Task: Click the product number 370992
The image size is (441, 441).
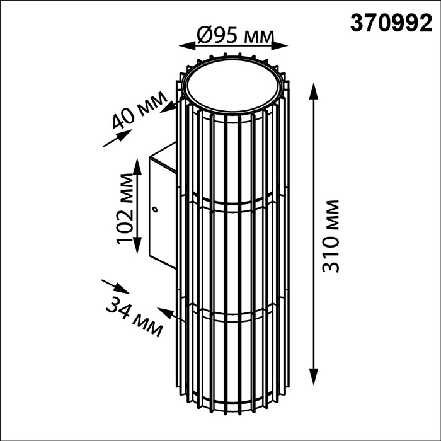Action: (391, 24)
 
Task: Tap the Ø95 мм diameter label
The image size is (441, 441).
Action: (235, 35)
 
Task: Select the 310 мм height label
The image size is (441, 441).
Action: (331, 236)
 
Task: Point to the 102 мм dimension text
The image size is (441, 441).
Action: (124, 209)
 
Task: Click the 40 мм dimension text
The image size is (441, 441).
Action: (139, 110)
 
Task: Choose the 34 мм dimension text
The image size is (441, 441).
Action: (134, 317)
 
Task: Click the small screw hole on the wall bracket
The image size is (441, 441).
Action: (154, 209)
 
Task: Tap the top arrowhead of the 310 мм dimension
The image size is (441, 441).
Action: (313, 91)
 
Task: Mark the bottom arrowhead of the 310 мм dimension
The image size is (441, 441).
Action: (313, 376)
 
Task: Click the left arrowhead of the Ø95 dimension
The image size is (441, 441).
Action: (187, 46)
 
